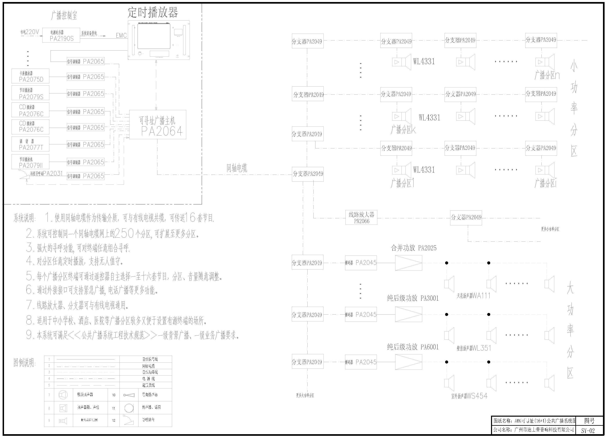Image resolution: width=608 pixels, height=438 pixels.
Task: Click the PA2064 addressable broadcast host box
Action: (x=158, y=124)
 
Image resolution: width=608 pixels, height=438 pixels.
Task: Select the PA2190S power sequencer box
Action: (x=61, y=35)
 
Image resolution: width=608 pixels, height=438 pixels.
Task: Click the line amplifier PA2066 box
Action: (x=361, y=217)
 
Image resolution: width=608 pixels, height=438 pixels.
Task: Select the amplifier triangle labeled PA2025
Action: (x=408, y=263)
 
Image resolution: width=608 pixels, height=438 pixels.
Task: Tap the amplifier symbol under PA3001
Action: (x=408, y=314)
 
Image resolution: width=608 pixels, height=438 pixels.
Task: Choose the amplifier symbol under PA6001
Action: (x=408, y=362)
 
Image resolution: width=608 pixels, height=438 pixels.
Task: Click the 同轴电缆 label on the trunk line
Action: (x=237, y=168)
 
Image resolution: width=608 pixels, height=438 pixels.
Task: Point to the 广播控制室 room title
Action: (x=64, y=15)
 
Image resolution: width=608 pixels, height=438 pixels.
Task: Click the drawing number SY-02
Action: (x=588, y=431)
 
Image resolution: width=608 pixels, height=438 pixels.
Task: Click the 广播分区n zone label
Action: (x=547, y=75)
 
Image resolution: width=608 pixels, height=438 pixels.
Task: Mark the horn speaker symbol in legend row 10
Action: (x=129, y=395)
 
